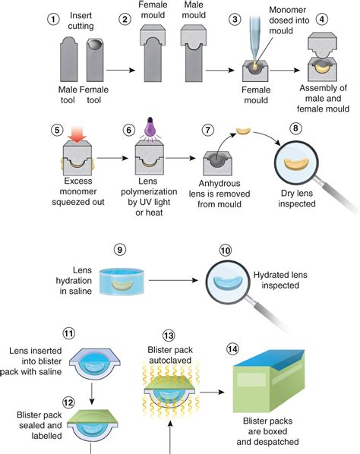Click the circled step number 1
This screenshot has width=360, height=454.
pos(53,19)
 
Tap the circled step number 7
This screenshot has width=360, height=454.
pos(208,130)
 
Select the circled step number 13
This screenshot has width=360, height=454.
pos(169,336)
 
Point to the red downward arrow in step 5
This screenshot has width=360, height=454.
pos(77,134)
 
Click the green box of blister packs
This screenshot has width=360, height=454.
pos(269,381)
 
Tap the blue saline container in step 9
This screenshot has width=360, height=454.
pos(122,282)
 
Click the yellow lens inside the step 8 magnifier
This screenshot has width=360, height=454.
pos(296,164)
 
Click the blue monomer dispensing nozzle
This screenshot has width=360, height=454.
pos(255,39)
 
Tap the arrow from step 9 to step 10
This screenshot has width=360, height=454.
pos(173,280)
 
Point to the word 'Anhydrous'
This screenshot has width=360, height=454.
pos(219,184)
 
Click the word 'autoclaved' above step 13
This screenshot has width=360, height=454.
pos(170,361)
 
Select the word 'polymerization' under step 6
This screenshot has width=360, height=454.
pos(149,191)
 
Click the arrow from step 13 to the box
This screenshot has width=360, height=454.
pos(213,392)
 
